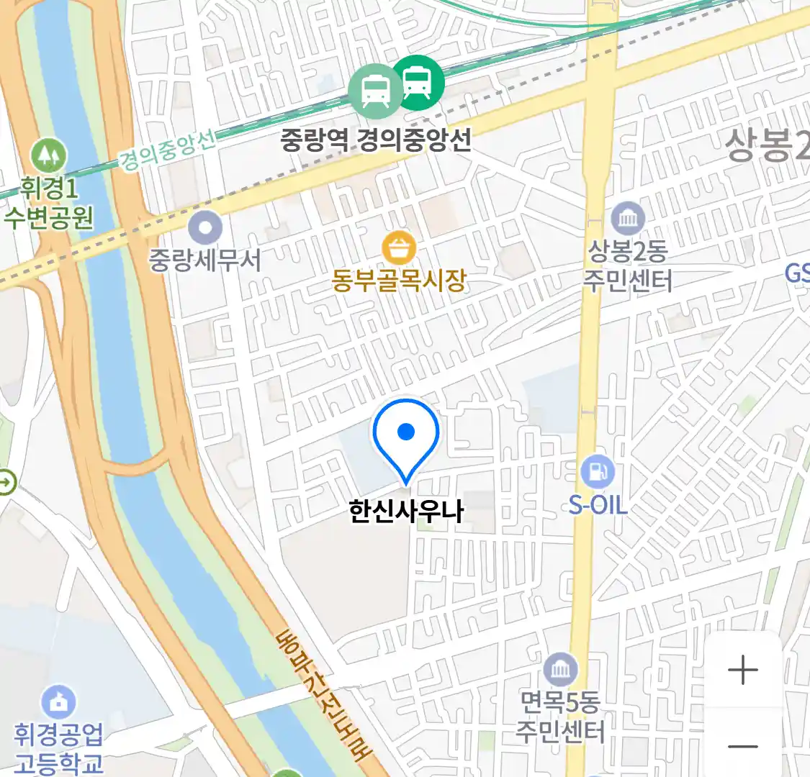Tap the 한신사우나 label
[x=406, y=512]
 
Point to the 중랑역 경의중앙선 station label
[x=376, y=139]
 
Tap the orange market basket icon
[x=399, y=248]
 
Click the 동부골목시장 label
[x=399, y=280]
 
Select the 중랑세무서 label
[x=205, y=260]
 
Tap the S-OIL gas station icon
[x=598, y=472]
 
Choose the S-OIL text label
[x=598, y=505]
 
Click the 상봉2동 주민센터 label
[x=628, y=265]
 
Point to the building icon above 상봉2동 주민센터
[x=628, y=217]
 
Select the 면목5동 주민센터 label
[x=560, y=717]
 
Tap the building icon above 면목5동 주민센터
[x=560, y=670]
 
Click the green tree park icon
[x=49, y=155]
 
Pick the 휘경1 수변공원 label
[x=49, y=203]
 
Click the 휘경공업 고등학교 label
[x=58, y=748]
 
